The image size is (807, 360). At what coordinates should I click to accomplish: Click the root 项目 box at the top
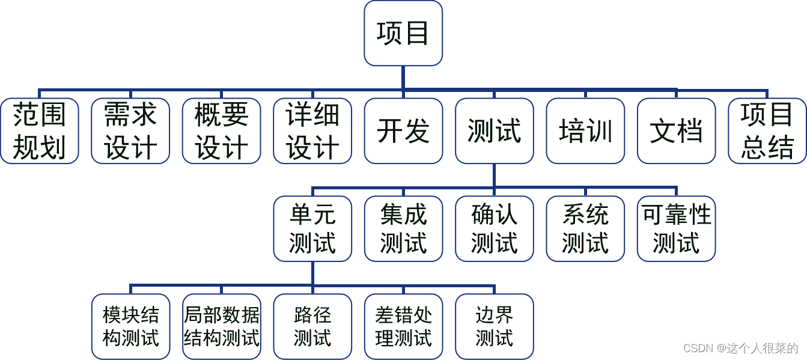pyautogui.click(x=403, y=33)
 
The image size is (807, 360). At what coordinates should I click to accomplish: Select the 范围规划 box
pyautogui.click(x=40, y=131)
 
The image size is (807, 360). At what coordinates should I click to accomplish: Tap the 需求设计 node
pyautogui.click(x=130, y=131)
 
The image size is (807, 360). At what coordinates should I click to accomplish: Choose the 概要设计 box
pyautogui.click(x=222, y=131)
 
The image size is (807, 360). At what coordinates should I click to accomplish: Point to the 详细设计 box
pyautogui.click(x=312, y=131)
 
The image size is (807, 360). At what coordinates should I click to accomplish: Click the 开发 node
pyautogui.click(x=403, y=131)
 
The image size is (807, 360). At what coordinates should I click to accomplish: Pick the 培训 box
pyautogui.click(x=585, y=131)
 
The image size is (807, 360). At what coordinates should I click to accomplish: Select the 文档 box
pyautogui.click(x=677, y=131)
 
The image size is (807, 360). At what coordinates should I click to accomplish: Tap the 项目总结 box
pyautogui.click(x=767, y=131)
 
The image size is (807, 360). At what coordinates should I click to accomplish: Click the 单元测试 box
pyautogui.click(x=312, y=229)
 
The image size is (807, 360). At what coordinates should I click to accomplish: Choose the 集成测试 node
pyautogui.click(x=403, y=229)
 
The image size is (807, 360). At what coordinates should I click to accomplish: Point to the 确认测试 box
pyautogui.click(x=495, y=229)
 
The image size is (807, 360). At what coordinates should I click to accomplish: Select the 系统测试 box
pyautogui.click(x=585, y=229)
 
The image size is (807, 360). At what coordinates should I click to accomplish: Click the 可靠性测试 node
pyautogui.click(x=677, y=229)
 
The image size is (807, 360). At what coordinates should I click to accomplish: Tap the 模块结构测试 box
pyautogui.click(x=130, y=326)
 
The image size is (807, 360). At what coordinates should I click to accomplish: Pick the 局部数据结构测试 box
pyautogui.click(x=222, y=326)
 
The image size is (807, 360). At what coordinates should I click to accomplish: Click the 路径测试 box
pyautogui.click(x=312, y=326)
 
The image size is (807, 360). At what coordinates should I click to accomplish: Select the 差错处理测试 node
pyautogui.click(x=403, y=326)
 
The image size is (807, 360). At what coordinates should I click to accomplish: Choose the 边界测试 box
pyautogui.click(x=495, y=326)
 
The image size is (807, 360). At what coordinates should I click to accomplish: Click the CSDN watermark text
pyautogui.click(x=740, y=348)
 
